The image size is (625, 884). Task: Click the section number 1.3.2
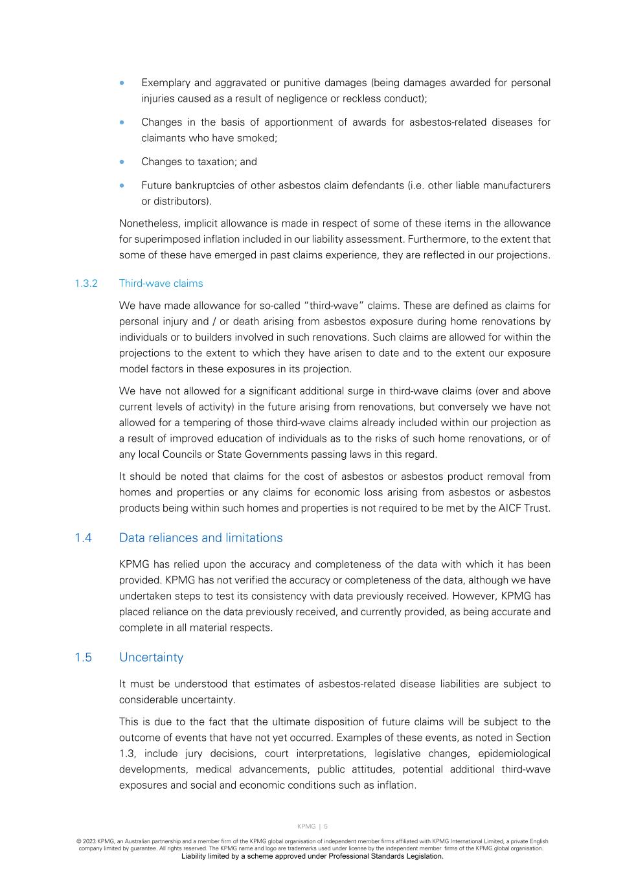pyautogui.click(x=85, y=284)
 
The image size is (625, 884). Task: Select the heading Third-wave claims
pyautogui.click(x=161, y=284)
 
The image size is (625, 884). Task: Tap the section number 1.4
pyautogui.click(x=83, y=538)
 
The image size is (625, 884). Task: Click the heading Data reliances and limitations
pyautogui.click(x=201, y=538)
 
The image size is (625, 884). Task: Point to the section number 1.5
pyautogui.click(x=83, y=657)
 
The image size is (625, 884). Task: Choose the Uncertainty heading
pyautogui.click(x=151, y=657)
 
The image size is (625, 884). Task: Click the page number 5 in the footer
pyautogui.click(x=326, y=826)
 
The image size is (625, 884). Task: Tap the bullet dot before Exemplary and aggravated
pyautogui.click(x=122, y=83)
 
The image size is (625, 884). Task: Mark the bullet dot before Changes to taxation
pyautogui.click(x=122, y=162)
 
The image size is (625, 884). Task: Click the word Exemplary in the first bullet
pyautogui.click(x=165, y=83)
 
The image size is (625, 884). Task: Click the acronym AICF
pyautogui.click(x=508, y=508)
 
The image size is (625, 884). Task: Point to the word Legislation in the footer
pyautogui.click(x=419, y=856)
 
